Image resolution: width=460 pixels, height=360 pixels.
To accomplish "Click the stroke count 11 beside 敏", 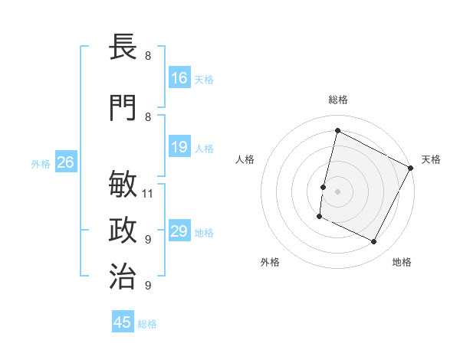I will pyautogui.click(x=148, y=193).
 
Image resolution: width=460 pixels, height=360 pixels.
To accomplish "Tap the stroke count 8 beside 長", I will pyautogui.click(x=148, y=55).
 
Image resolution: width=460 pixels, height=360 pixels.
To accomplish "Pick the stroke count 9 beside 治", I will pyautogui.click(x=148, y=285).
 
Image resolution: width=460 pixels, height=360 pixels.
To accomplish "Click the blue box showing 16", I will pyautogui.click(x=179, y=77).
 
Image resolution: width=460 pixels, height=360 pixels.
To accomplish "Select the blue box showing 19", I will pyautogui.click(x=179, y=147).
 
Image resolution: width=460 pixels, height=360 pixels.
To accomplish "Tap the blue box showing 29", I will pyautogui.click(x=179, y=231).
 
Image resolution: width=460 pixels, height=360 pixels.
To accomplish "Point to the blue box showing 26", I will pyautogui.click(x=66, y=162).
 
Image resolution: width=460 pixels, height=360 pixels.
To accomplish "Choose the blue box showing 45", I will pyautogui.click(x=123, y=322).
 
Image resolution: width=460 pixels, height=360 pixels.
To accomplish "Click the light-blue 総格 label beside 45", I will pyautogui.click(x=147, y=324).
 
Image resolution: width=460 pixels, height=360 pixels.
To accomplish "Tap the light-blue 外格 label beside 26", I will pyautogui.click(x=41, y=163).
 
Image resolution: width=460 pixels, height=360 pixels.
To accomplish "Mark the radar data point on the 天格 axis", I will pyautogui.click(x=412, y=168).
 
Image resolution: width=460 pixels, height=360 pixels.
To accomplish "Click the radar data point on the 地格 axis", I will pyautogui.click(x=374, y=242).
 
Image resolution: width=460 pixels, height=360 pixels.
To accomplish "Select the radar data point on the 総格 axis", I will pyautogui.click(x=337, y=131).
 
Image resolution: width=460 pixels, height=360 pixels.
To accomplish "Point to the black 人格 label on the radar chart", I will pyautogui.click(x=245, y=159).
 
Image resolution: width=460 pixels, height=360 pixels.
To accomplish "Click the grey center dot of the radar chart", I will pyautogui.click(x=337, y=191).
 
